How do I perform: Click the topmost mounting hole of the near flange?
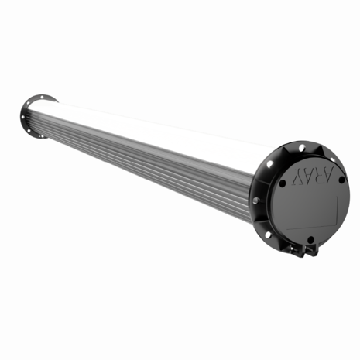(299, 146)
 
